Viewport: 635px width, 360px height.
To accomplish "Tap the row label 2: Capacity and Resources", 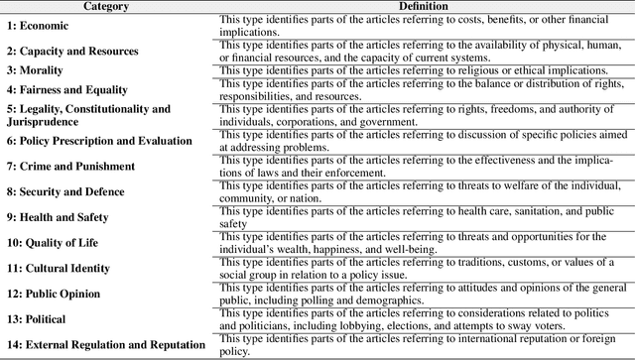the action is pos(72,51).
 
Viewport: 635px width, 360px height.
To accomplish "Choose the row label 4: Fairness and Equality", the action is pos(66,89).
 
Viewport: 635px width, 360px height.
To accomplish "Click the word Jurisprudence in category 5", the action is pos(43,121).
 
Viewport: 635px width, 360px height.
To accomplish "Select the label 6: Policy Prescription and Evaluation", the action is pos(99,141).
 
